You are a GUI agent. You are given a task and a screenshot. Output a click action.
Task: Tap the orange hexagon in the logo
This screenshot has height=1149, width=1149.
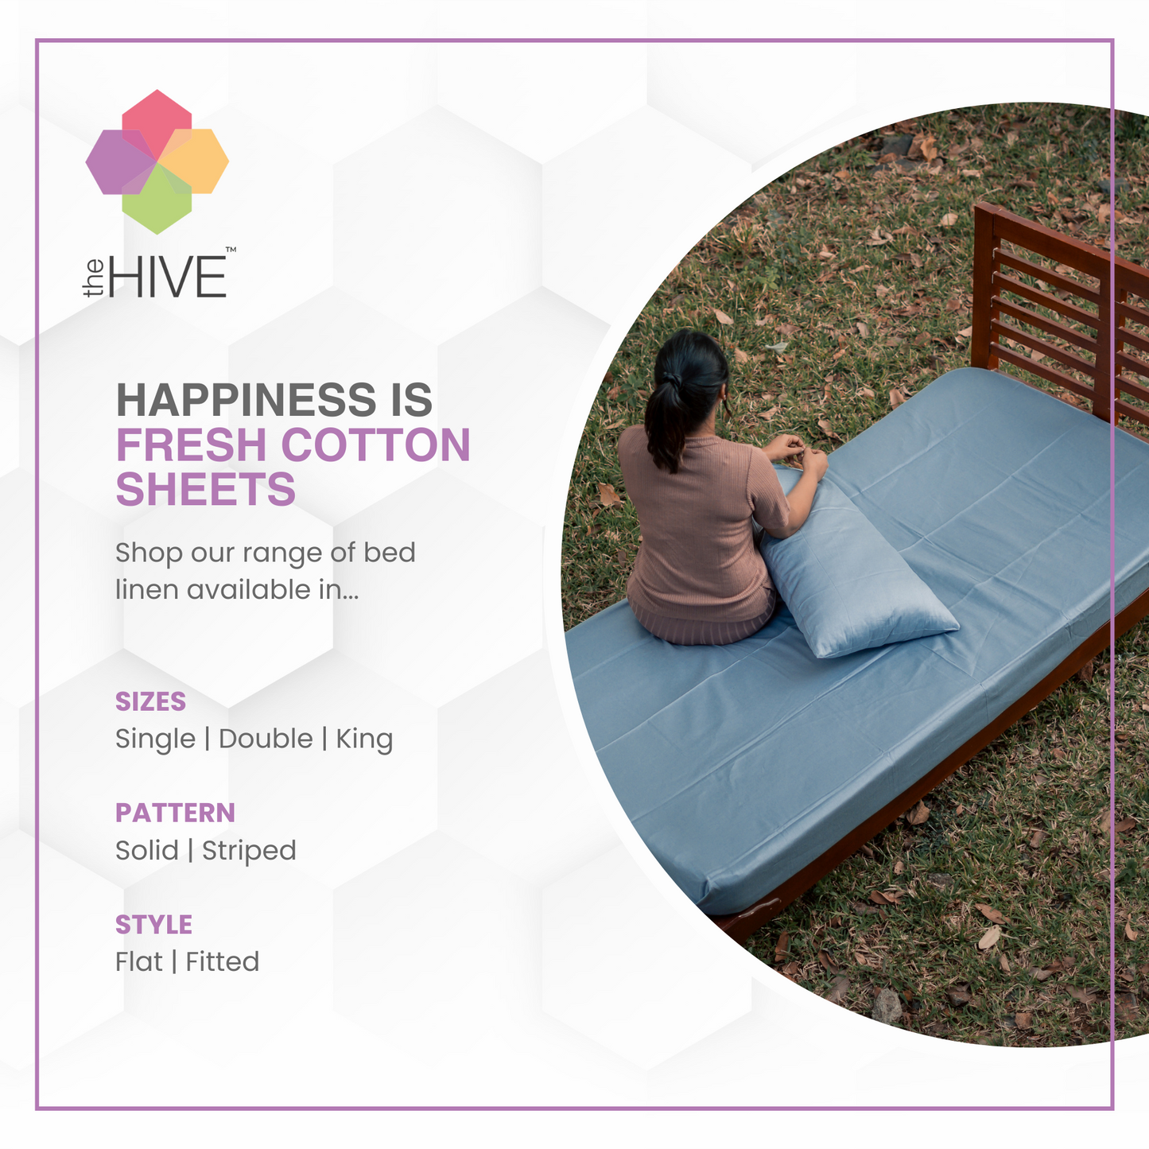coord(194,161)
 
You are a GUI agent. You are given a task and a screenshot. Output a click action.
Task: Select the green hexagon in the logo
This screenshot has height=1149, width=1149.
coord(157,199)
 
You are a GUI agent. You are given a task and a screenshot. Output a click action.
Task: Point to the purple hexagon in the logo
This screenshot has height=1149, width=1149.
coord(120,161)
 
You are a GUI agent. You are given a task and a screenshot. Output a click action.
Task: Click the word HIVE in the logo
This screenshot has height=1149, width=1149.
coord(168,276)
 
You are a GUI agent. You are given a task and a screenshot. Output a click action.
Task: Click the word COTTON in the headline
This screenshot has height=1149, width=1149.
coord(375,444)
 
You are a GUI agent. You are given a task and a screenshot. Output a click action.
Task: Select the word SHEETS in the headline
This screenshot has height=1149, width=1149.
coord(206,489)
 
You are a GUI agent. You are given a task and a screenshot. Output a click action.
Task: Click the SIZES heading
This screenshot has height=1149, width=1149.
coord(151,702)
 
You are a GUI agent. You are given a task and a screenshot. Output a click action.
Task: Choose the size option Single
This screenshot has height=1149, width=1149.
coord(156,739)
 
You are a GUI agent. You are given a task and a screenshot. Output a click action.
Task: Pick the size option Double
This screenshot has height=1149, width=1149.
coord(266,739)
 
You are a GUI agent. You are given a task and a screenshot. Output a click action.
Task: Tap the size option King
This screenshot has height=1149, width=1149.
coord(364,739)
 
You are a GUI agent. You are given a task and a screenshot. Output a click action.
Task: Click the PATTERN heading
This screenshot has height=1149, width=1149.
coord(175,813)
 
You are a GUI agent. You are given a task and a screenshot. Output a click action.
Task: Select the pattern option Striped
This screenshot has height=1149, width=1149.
coord(249,851)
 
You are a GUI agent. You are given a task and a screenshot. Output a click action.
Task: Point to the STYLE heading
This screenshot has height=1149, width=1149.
coord(153,925)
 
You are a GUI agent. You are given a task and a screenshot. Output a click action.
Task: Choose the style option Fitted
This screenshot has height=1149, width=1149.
coord(223,962)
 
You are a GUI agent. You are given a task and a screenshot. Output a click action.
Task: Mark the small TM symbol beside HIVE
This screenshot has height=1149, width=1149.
coord(231,250)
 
